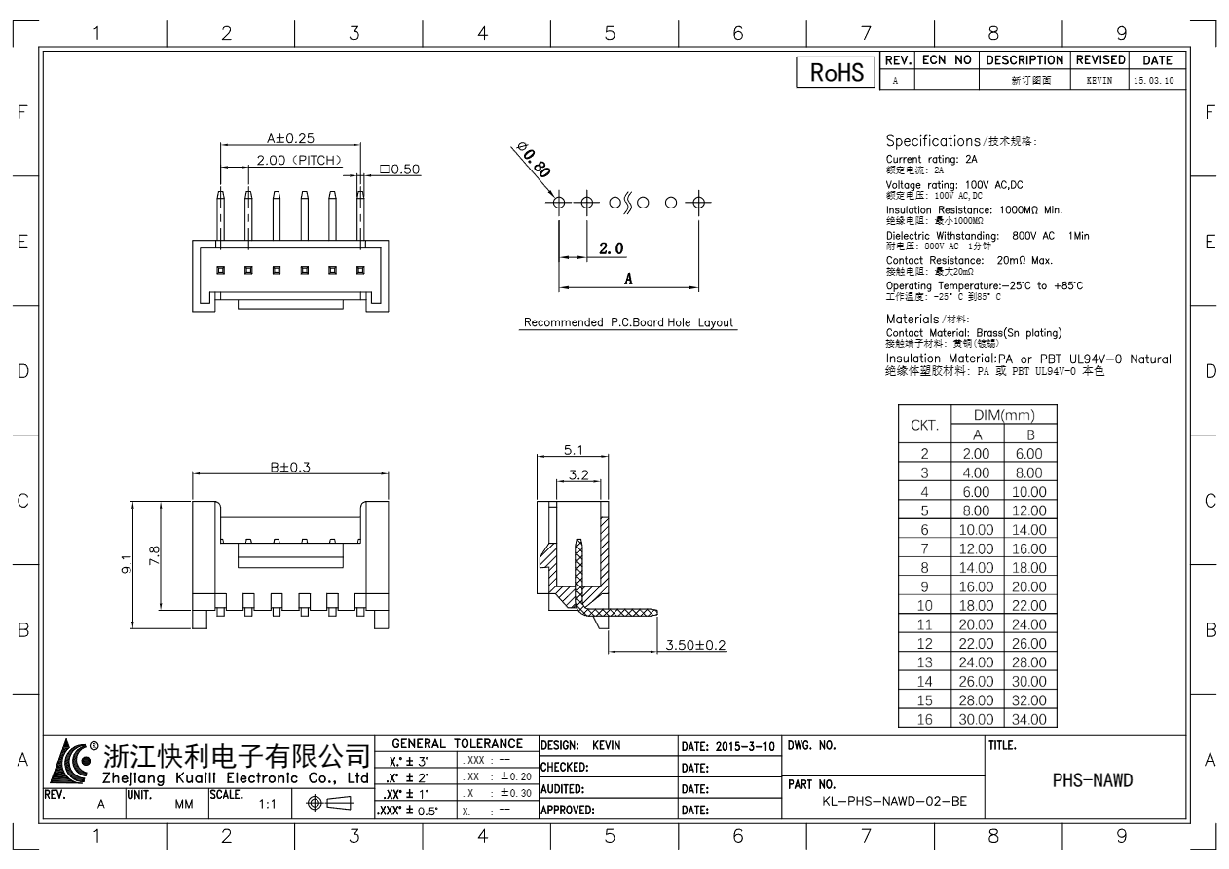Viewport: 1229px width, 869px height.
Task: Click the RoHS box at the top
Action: click(836, 72)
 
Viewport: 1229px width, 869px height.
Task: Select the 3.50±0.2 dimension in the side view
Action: click(695, 645)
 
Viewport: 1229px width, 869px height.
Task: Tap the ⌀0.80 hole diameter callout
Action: click(534, 160)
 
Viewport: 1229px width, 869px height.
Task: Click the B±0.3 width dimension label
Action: click(290, 468)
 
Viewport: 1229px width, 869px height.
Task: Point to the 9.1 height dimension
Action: click(127, 564)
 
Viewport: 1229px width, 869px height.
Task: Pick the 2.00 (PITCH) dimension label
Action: click(300, 161)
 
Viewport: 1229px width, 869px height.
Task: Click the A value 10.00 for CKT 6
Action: click(976, 530)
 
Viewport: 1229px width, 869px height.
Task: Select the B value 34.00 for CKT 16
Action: click(1029, 719)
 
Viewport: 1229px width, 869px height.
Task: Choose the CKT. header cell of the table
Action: click(924, 425)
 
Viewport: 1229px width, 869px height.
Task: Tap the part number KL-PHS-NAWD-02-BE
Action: click(894, 801)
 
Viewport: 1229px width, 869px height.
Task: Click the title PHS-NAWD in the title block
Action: click(1093, 780)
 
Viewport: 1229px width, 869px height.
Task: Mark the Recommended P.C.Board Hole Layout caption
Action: click(628, 322)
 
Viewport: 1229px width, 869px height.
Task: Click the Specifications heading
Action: click(933, 141)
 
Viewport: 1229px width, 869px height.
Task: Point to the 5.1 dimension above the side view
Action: click(573, 450)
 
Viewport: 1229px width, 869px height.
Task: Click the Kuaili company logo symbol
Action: click(70, 762)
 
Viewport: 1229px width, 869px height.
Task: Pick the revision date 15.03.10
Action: click(1154, 81)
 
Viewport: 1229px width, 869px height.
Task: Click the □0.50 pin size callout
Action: click(400, 170)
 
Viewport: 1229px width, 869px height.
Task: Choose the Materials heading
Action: click(912, 319)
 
